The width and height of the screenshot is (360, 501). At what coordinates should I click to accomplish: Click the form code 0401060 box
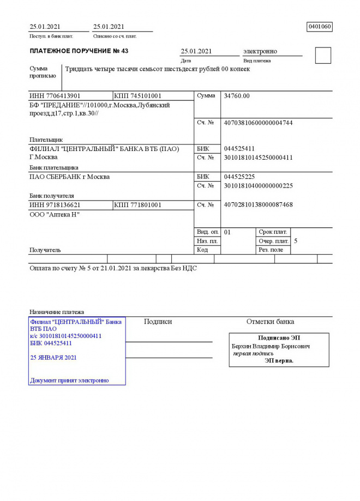pos(320,27)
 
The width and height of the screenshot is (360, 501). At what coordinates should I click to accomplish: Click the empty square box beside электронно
pos(323,56)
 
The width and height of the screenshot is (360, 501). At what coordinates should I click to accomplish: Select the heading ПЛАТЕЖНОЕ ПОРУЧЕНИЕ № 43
pos(79,51)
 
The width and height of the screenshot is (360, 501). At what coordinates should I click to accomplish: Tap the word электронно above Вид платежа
pos(260,51)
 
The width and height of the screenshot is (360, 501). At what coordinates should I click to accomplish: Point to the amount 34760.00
pos(237,96)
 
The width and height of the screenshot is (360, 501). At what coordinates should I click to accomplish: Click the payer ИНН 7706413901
pos(55,96)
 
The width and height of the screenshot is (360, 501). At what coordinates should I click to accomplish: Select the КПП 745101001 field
pos(138,96)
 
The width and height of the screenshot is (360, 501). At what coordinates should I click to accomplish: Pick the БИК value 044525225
pos(239,177)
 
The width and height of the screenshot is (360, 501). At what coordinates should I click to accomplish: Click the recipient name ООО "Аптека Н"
pos(55,215)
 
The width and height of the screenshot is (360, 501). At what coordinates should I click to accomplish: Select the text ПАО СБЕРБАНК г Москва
pos(69,177)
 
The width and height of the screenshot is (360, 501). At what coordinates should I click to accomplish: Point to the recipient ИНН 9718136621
pos(55,205)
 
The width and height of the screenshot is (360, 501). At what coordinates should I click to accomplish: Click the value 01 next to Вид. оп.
pos(227,232)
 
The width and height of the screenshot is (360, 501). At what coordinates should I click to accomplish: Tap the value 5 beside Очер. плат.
pos(296,241)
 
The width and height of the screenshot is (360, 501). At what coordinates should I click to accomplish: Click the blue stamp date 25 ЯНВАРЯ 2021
pos(53,358)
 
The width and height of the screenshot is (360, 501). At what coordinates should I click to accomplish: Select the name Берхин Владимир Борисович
pos(271,347)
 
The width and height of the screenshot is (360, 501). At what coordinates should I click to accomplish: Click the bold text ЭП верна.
pos(279,360)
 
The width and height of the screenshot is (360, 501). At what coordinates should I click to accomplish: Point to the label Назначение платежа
pos(57,312)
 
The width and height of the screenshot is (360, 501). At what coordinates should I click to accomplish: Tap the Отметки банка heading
pos(270,322)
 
